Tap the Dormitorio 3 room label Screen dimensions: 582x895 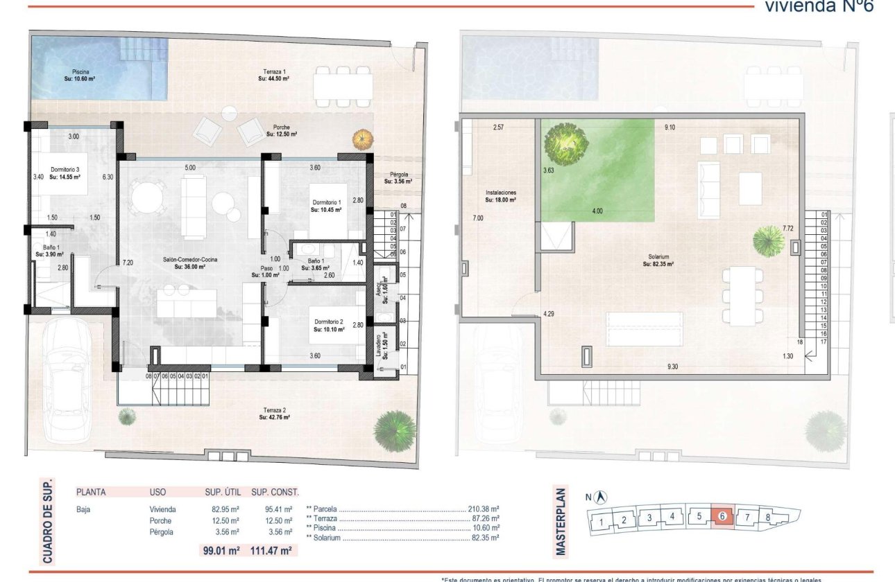pos(65,173)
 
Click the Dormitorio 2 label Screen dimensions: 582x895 pos(329,326)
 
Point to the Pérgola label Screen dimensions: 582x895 pos(398,178)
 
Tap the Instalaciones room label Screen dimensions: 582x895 pos(500,196)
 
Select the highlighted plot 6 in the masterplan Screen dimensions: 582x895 pos(722,516)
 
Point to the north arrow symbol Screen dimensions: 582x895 pos(602,497)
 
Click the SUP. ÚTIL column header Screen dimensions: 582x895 pos(222,493)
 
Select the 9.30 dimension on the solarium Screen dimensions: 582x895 pos(672,367)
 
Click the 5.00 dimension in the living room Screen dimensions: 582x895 pos(190,167)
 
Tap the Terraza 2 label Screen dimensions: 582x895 pos(274,414)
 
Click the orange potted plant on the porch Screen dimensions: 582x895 pos(361,139)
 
